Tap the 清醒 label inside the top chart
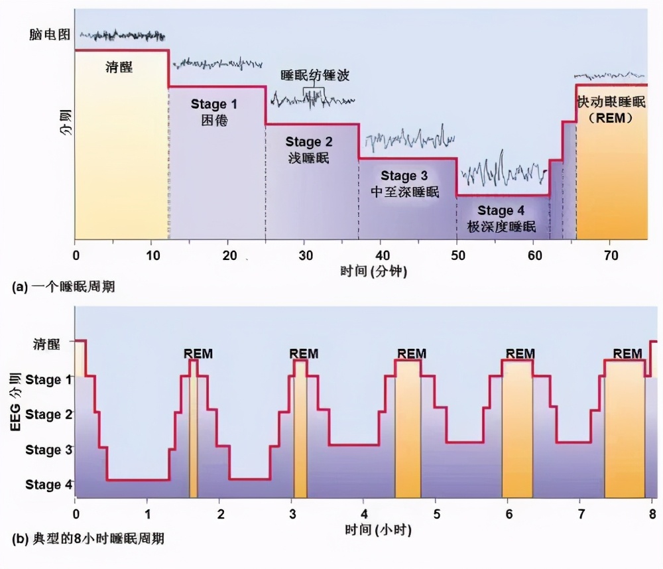119,67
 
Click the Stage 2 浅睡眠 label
309,149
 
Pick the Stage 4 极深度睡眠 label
501,218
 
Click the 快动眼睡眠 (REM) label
611,109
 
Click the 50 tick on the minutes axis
457,255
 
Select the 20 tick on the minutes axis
229,255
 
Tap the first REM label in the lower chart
198,353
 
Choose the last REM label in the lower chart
627,353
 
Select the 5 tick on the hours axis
436,515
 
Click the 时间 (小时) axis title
370,530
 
